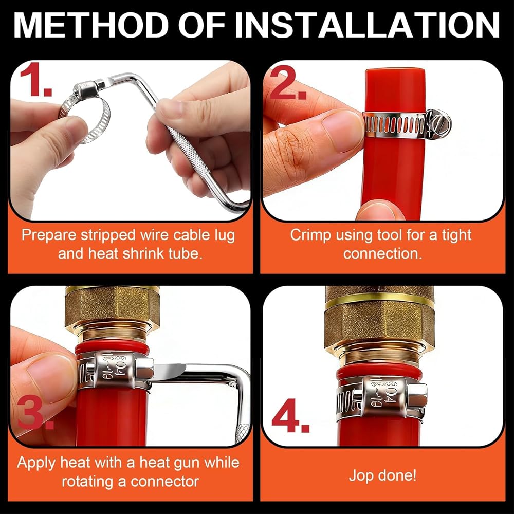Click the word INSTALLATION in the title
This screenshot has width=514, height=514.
[368, 26]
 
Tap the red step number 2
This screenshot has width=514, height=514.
[288, 82]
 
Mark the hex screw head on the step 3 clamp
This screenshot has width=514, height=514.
[145, 369]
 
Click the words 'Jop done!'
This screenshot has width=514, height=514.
[382, 475]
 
